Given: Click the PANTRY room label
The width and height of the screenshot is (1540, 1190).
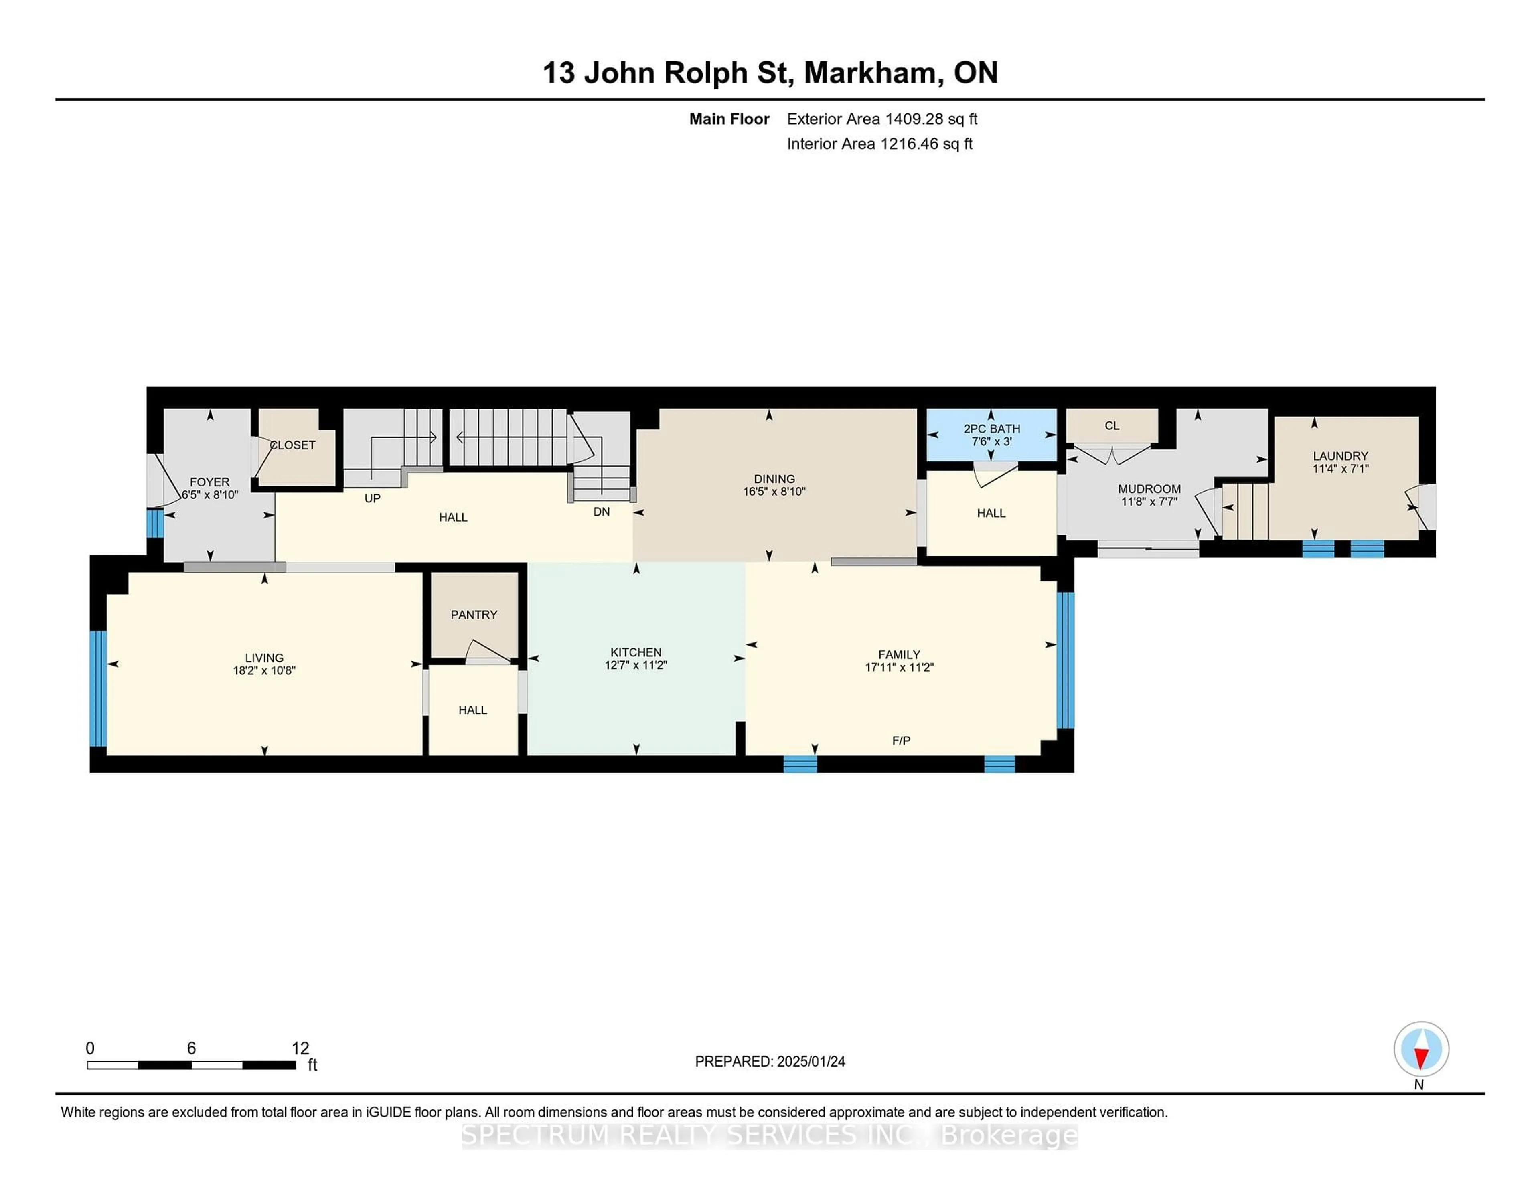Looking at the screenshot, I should (x=474, y=615).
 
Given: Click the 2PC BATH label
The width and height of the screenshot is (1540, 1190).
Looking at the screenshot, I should (x=991, y=429).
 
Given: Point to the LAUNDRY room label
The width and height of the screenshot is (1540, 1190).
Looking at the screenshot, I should (x=1340, y=456).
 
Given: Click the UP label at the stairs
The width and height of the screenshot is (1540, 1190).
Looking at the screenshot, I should (x=372, y=498).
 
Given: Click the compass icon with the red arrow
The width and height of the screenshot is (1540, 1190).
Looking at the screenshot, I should (x=1421, y=1049).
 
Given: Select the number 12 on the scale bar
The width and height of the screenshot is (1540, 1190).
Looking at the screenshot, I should (x=300, y=1048).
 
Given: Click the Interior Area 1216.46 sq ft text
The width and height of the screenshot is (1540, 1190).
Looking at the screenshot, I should (x=879, y=144).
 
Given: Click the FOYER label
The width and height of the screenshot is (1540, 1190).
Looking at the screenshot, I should (x=209, y=482).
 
